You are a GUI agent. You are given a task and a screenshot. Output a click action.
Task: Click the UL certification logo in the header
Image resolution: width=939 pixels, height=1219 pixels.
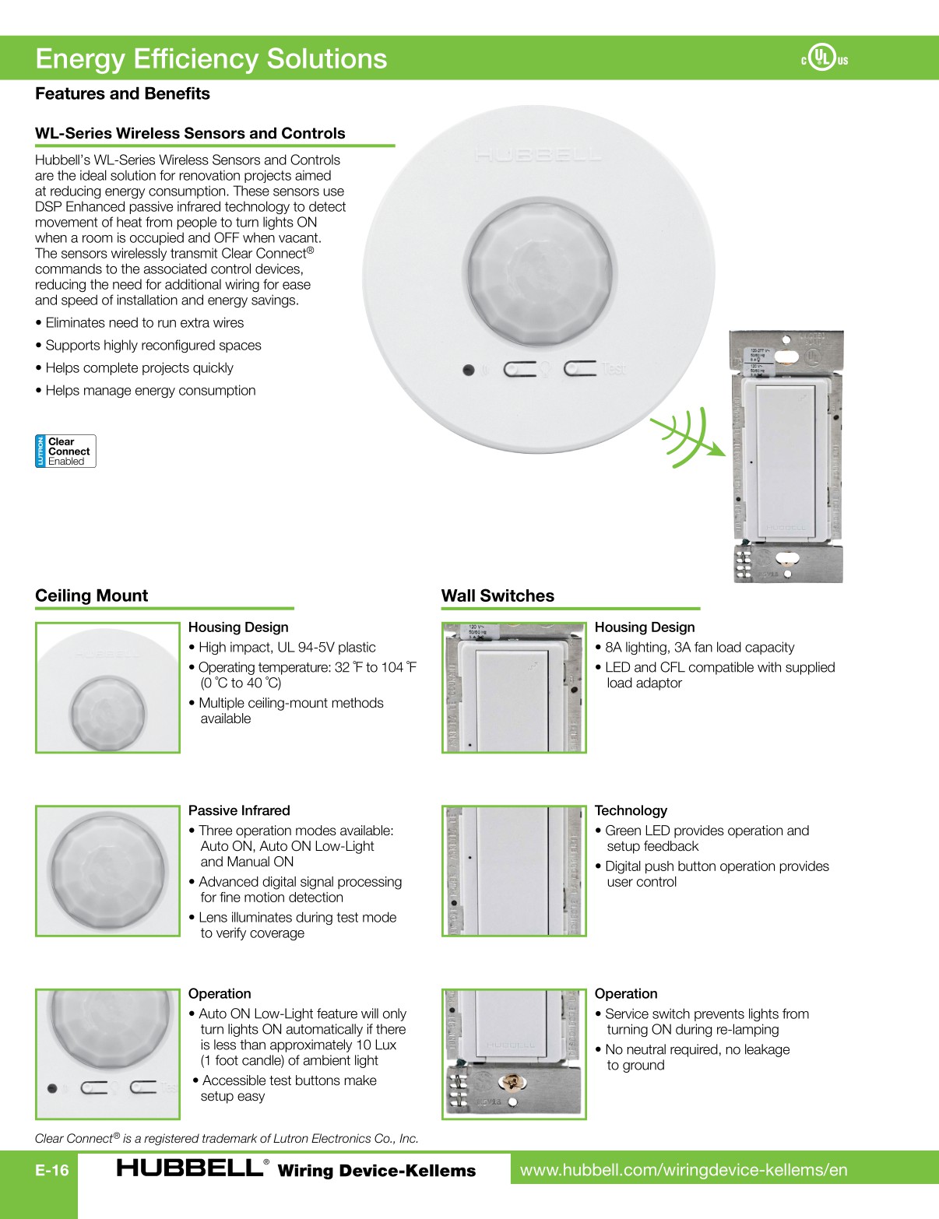tap(825, 58)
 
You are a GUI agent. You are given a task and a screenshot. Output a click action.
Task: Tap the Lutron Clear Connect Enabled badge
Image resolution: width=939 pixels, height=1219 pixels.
tap(65, 451)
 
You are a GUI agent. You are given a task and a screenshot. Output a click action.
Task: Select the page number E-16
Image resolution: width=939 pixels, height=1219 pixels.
tap(52, 1170)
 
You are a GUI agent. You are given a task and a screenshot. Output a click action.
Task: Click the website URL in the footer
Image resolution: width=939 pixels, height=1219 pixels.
tap(684, 1170)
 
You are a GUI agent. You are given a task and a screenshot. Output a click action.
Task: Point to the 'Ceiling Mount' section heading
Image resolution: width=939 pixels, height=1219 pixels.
tap(91, 595)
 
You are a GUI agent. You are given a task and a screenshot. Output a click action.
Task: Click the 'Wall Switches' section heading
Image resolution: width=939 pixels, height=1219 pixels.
tap(498, 595)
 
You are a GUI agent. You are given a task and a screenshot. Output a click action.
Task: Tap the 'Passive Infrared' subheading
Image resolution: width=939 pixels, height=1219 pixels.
tap(239, 810)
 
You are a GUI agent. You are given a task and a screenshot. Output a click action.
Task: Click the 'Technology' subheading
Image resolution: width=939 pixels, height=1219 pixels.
tap(631, 810)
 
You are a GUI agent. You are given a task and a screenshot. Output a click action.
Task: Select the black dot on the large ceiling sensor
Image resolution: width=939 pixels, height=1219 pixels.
tap(468, 370)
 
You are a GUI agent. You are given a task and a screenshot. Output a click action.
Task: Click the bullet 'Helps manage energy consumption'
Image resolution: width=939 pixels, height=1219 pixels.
tap(149, 391)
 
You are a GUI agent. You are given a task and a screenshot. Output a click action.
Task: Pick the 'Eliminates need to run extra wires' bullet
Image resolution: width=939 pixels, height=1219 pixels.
tap(144, 323)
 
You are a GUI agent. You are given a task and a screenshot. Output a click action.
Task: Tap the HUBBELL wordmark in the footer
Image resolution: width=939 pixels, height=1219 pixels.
tap(190, 1168)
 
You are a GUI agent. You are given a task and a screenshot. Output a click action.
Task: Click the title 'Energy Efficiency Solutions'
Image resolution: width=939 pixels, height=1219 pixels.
tap(211, 58)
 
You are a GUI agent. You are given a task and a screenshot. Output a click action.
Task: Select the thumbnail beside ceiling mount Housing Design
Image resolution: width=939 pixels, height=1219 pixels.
tap(107, 687)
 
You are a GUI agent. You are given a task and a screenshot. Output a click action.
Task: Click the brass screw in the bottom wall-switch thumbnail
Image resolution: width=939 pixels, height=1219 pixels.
tap(512, 1082)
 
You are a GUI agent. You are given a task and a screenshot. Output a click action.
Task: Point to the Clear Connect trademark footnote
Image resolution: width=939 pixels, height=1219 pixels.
tap(227, 1138)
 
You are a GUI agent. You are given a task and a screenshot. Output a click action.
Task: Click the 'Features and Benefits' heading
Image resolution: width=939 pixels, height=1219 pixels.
tap(122, 93)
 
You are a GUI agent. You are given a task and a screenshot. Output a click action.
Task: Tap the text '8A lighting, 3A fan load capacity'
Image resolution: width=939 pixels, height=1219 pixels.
tap(699, 648)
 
